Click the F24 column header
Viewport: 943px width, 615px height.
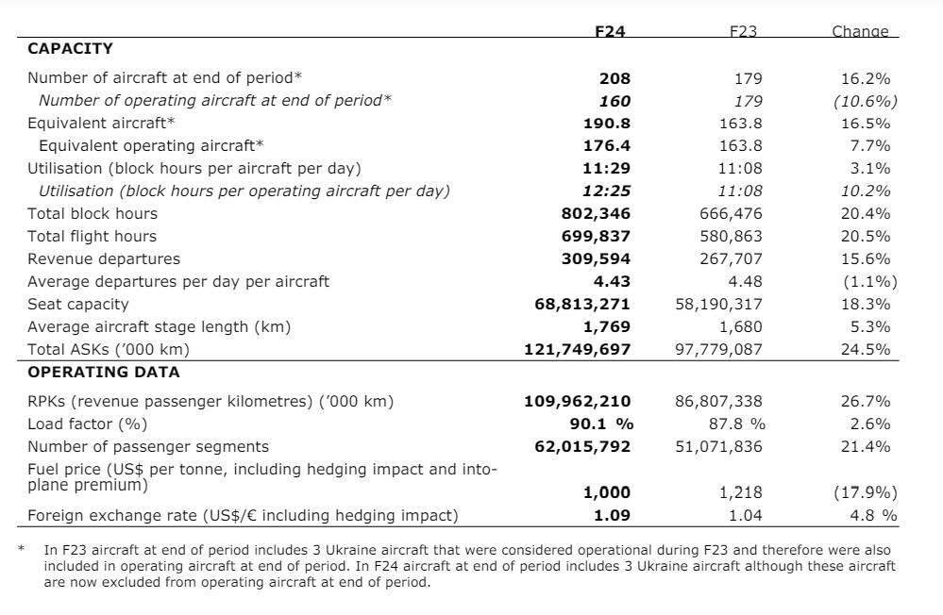tap(610, 31)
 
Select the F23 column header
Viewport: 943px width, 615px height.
tap(743, 31)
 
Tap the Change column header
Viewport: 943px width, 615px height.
tap(860, 31)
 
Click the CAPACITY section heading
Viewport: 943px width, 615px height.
tap(71, 49)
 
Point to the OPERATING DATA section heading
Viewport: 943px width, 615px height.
tap(104, 373)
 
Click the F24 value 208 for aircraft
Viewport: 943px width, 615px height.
tap(615, 78)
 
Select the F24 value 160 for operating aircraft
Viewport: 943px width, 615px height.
tap(615, 101)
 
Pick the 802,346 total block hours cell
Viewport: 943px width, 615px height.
tap(596, 214)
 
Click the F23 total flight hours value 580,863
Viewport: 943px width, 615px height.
tap(731, 236)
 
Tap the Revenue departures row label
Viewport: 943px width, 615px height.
tap(104, 259)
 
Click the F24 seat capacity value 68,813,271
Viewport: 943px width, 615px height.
tap(582, 304)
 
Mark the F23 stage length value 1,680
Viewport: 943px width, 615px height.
tap(740, 327)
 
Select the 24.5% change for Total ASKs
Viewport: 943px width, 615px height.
tap(866, 349)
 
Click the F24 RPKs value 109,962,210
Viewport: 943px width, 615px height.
tap(578, 402)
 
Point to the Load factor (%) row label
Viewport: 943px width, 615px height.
tap(87, 424)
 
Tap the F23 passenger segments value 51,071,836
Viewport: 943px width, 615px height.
tap(718, 447)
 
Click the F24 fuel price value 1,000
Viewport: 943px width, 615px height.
tap(607, 493)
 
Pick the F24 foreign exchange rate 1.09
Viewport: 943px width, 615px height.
tap(613, 516)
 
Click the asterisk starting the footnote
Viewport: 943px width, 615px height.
tap(22, 548)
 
